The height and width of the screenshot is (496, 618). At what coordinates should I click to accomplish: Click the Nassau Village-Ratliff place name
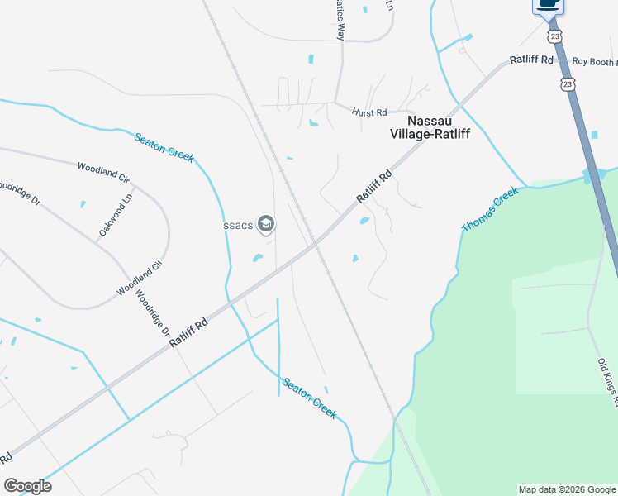tap(430, 126)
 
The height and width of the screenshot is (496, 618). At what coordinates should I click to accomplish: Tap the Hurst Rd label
tap(369, 112)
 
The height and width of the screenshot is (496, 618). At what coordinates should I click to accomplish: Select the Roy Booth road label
tap(594, 62)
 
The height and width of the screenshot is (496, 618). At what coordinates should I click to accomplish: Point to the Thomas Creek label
tap(490, 209)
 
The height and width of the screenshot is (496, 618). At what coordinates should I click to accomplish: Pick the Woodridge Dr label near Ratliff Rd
tap(153, 317)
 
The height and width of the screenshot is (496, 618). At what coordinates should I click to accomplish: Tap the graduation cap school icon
tap(266, 223)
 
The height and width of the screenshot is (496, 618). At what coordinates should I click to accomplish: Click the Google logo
tap(27, 486)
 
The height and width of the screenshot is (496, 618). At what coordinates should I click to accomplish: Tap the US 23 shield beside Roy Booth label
tap(567, 84)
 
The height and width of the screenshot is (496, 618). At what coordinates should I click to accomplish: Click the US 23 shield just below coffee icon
tap(555, 36)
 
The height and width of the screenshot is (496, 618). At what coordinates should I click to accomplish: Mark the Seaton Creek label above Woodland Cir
tap(164, 146)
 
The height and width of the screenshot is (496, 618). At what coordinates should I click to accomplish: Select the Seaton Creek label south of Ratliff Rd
tap(310, 398)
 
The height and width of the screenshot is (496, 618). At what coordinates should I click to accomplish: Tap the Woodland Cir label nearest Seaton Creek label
tap(104, 172)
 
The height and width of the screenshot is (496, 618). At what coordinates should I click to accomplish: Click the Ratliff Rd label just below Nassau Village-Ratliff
tap(373, 187)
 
